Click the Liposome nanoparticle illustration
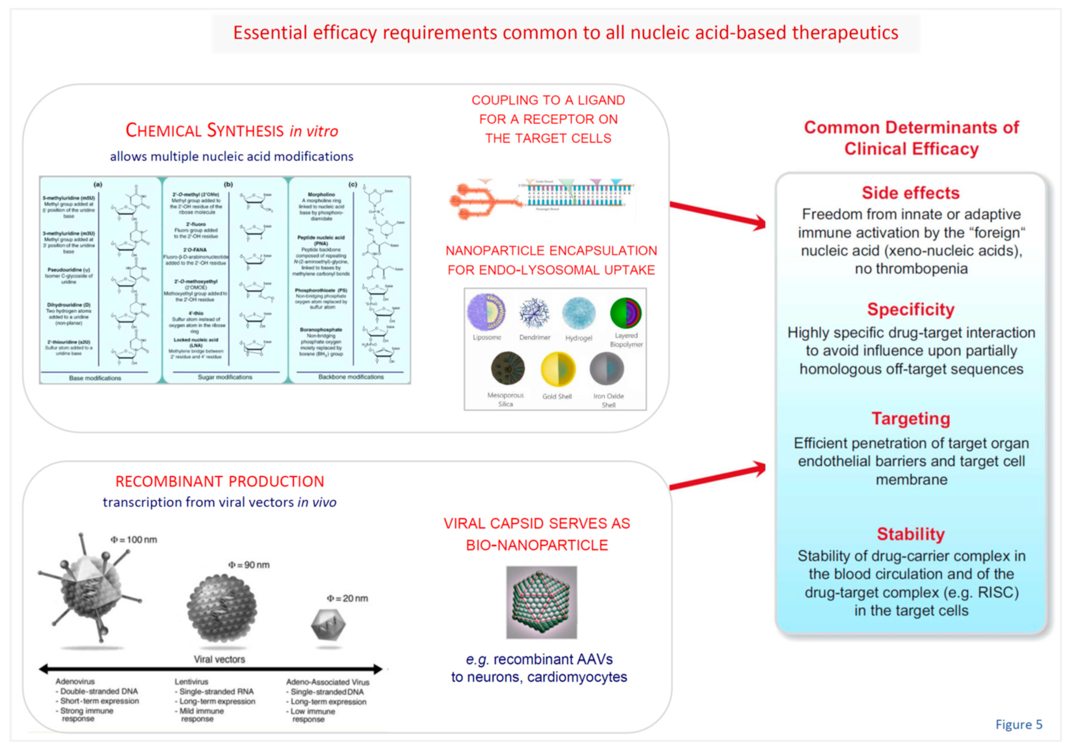click(x=486, y=313)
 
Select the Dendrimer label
click(x=535, y=337)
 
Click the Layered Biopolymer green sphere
click(x=626, y=313)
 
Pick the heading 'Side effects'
click(x=911, y=193)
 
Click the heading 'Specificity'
click(x=911, y=309)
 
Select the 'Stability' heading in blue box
click(x=911, y=534)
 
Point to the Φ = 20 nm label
click(x=348, y=598)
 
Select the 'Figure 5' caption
click(x=1018, y=724)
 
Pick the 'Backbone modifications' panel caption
click(x=351, y=377)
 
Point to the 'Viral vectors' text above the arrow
click(x=219, y=659)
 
